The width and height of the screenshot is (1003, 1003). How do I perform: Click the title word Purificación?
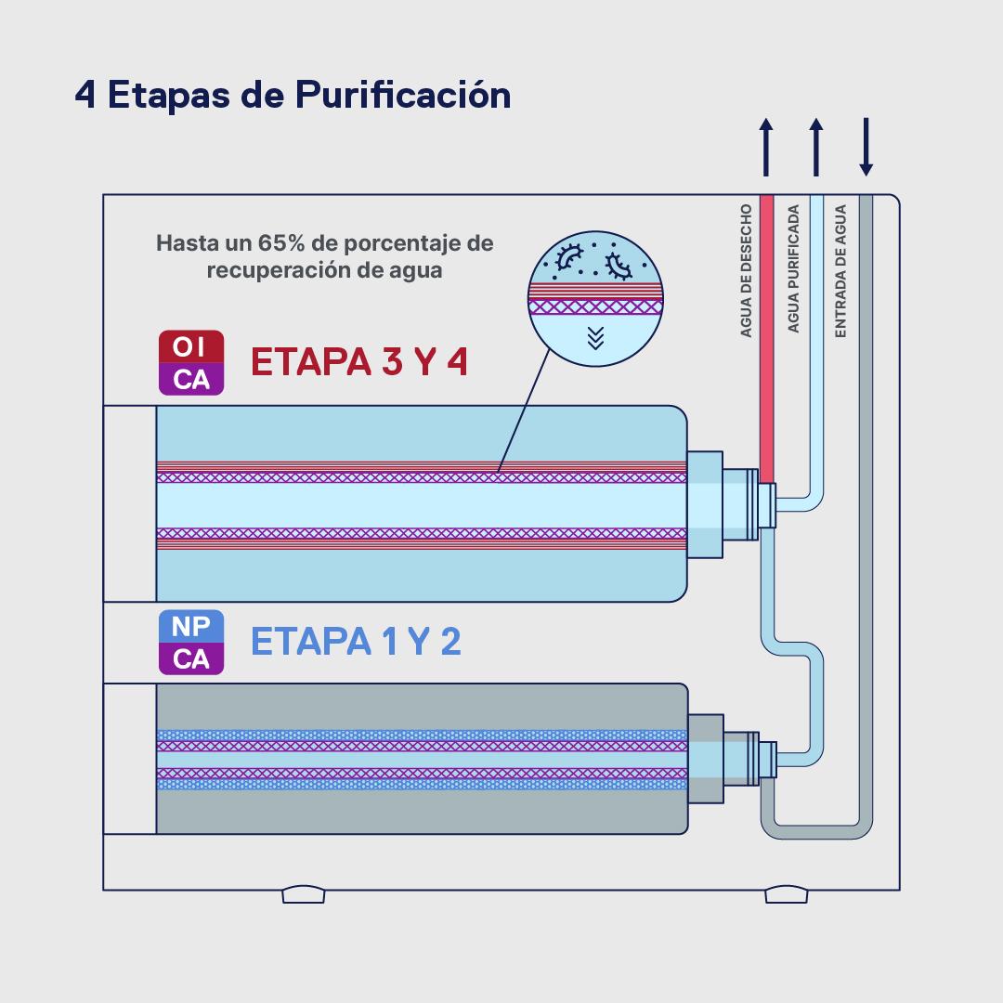[x=403, y=96]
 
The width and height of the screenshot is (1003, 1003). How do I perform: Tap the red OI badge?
[x=190, y=347]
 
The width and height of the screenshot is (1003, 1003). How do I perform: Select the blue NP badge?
[x=190, y=627]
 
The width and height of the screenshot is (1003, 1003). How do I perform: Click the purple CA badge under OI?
[x=190, y=379]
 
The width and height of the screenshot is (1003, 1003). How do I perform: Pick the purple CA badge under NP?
[x=190, y=658]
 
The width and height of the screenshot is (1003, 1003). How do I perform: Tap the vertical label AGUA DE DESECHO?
[x=746, y=270]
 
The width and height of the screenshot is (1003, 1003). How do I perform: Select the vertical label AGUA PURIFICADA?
[x=793, y=270]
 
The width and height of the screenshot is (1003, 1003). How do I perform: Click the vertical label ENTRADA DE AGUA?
[x=840, y=270]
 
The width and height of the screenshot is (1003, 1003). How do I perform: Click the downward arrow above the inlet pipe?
[x=866, y=147]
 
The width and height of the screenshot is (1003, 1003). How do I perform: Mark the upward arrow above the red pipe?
[x=766, y=147]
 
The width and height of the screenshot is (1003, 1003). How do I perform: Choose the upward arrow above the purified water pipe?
[x=816, y=147]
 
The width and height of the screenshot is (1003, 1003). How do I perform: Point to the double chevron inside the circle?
[x=596, y=337]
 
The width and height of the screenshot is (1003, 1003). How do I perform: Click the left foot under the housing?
[x=304, y=894]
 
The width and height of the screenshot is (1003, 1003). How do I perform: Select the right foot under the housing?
[x=787, y=894]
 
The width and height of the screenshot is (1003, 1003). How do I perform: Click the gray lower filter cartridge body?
[x=422, y=808]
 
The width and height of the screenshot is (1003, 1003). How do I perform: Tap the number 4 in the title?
[x=85, y=96]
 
